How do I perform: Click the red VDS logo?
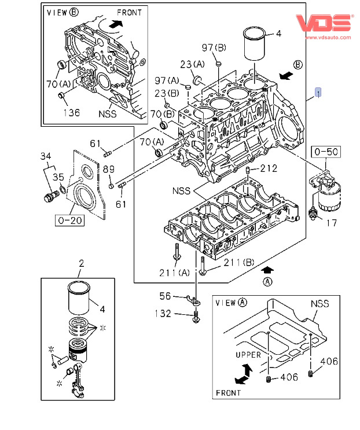coord(324,23)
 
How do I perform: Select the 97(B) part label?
coord(213,46)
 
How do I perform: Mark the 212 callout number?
coord(269,169)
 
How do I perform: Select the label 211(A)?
coord(174,273)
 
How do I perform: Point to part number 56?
coord(166,296)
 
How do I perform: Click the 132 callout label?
coord(163,314)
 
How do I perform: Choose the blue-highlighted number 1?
coord(318,92)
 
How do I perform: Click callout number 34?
coord(46,156)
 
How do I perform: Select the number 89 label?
coord(109,169)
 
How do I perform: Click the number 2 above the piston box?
coord(81,264)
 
